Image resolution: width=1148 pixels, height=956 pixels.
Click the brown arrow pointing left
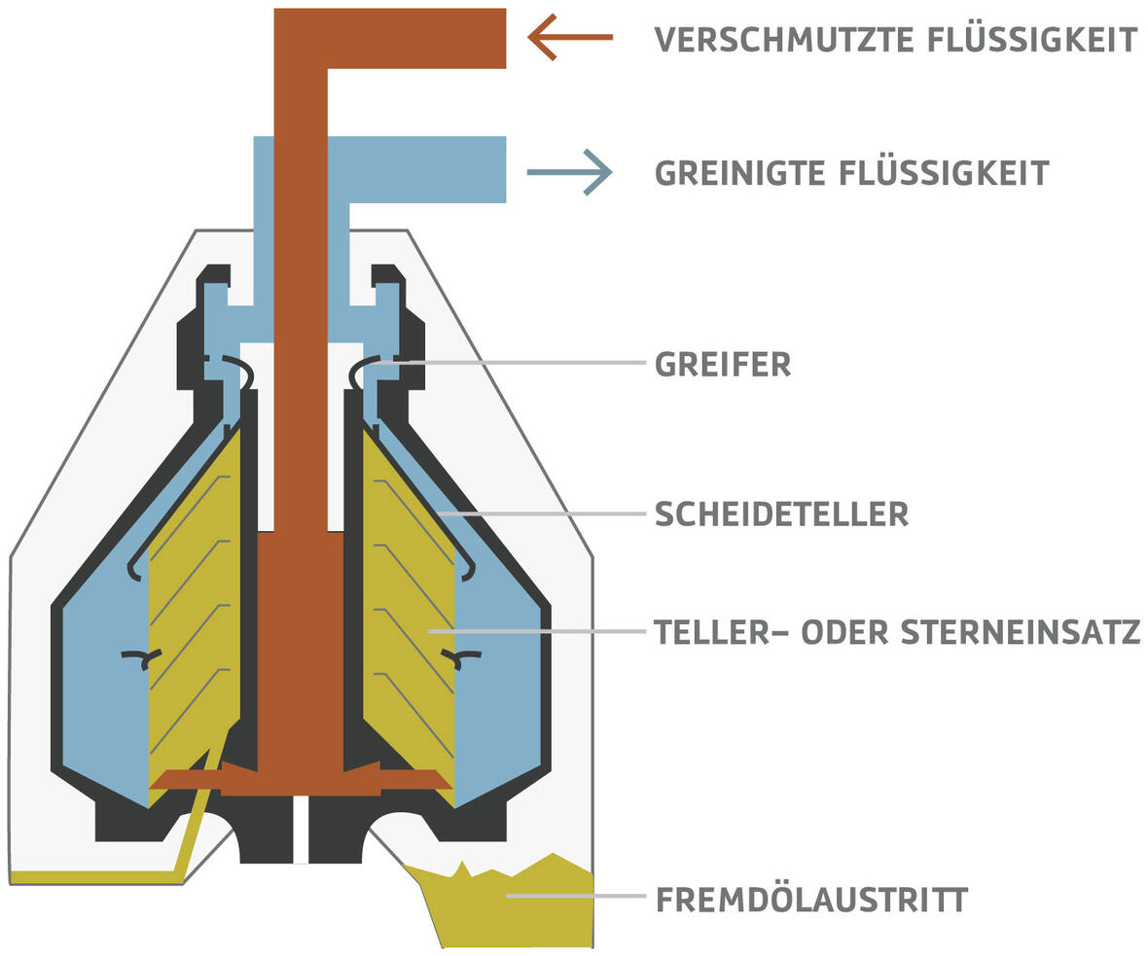click(570, 37)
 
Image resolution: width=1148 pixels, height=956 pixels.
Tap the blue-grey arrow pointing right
click(570, 172)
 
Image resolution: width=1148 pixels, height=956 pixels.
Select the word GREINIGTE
click(738, 173)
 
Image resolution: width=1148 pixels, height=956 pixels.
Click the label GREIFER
click(723, 365)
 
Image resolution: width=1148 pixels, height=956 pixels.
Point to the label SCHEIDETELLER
click(781, 513)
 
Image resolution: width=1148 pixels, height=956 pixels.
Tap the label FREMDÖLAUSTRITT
click(811, 900)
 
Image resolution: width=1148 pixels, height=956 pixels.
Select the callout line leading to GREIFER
click(525, 363)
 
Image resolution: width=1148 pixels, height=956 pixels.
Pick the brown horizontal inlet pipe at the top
click(418, 39)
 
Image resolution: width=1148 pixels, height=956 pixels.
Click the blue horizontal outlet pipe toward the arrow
click(428, 170)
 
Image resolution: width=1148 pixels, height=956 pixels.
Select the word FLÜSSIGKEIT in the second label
click(944, 173)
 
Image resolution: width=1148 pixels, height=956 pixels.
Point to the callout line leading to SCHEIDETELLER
click(545, 513)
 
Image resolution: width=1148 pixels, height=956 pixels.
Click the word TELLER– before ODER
click(721, 632)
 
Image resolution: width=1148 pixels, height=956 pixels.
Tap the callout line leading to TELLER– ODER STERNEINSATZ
click(545, 631)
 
